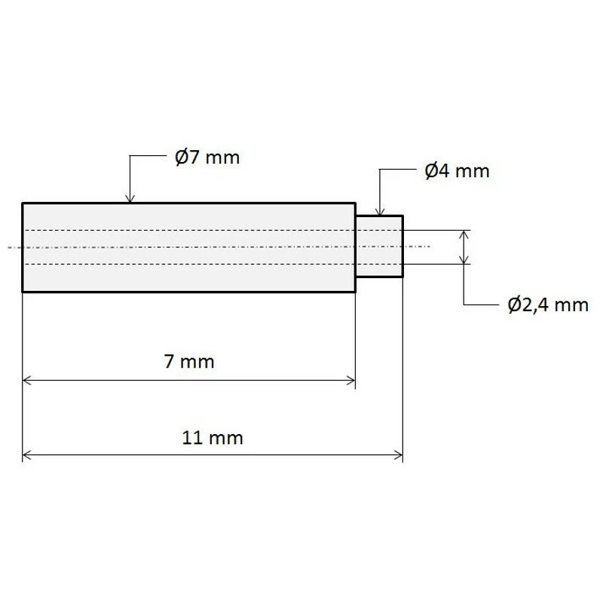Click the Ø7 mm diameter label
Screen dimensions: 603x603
[x=207, y=158]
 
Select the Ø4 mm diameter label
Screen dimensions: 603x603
[x=457, y=171]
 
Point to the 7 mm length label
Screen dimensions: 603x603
[x=189, y=362]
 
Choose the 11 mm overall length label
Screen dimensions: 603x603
[x=213, y=437]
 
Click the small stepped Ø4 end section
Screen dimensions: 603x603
[x=379, y=246]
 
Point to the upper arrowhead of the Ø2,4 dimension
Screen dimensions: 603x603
[x=464, y=234]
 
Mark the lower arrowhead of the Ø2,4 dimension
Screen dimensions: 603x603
[x=464, y=259]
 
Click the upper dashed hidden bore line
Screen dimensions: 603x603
[x=188, y=229]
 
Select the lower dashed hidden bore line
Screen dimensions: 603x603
[x=188, y=264]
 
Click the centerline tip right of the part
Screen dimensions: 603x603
[x=427, y=246]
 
